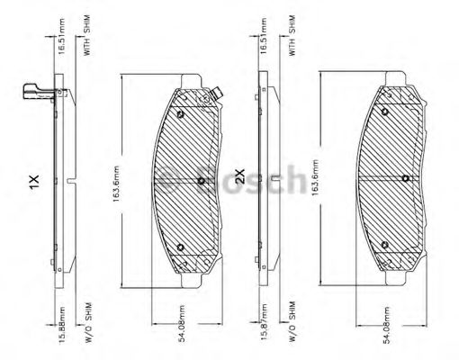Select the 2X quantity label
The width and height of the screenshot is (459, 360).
(x=239, y=177)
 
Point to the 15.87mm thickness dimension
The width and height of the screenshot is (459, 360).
(x=262, y=324)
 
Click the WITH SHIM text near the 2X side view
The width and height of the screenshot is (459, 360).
(x=292, y=37)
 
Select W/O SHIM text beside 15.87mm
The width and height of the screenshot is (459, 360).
(x=292, y=324)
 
